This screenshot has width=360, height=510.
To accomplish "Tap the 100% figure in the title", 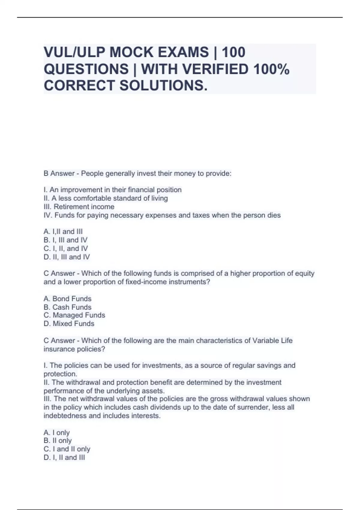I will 271,69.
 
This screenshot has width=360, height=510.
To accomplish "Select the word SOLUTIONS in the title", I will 163,85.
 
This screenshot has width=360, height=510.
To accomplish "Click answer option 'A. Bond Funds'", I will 67,298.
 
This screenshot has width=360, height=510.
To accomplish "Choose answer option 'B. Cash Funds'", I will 67,307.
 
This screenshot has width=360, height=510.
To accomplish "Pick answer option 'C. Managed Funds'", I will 74,315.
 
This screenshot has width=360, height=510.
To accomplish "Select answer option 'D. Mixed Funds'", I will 69,323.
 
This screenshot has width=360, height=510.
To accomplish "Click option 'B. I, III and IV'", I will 66,240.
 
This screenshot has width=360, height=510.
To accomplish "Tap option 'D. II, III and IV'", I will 67,257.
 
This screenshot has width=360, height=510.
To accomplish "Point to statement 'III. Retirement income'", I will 79,206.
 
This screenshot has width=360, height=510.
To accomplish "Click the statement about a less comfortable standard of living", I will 106,198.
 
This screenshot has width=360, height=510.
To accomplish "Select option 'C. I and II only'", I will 67,449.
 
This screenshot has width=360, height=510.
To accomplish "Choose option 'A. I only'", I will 57,432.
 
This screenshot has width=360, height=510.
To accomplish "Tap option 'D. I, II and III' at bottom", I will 64,457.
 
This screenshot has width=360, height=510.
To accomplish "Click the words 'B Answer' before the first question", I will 59,173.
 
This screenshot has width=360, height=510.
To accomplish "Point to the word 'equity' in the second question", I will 304,273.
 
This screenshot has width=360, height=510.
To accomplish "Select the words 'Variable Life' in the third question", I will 272,340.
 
